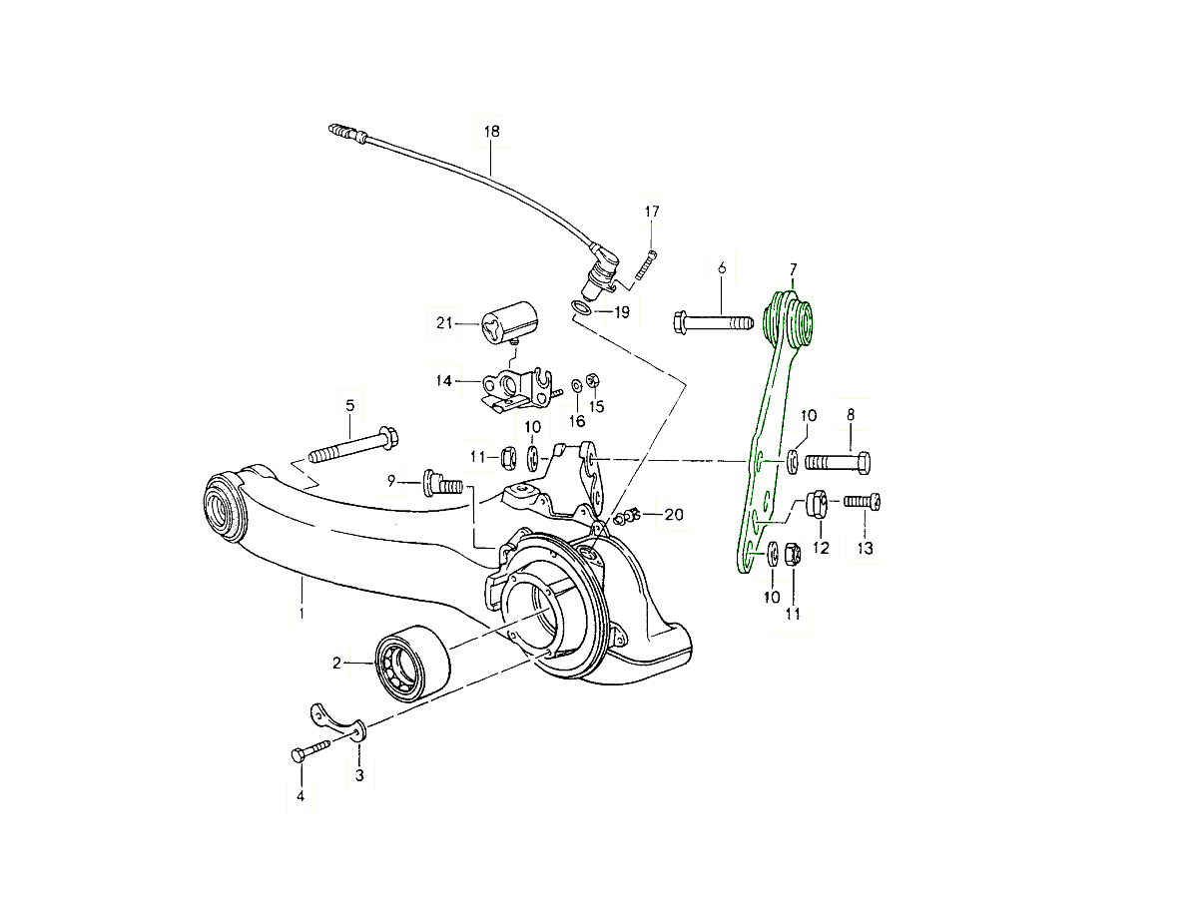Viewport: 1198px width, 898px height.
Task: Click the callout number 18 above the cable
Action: point(491,131)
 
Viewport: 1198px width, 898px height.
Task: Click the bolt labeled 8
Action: point(839,463)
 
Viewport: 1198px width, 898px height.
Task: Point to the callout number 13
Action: point(865,549)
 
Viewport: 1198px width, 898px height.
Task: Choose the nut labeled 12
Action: point(816,507)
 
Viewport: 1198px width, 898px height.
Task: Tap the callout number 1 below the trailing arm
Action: point(300,613)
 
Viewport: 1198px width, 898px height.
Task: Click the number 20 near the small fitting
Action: point(674,515)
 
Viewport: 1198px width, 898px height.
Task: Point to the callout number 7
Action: point(793,269)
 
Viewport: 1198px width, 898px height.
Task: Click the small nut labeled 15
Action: point(590,381)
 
